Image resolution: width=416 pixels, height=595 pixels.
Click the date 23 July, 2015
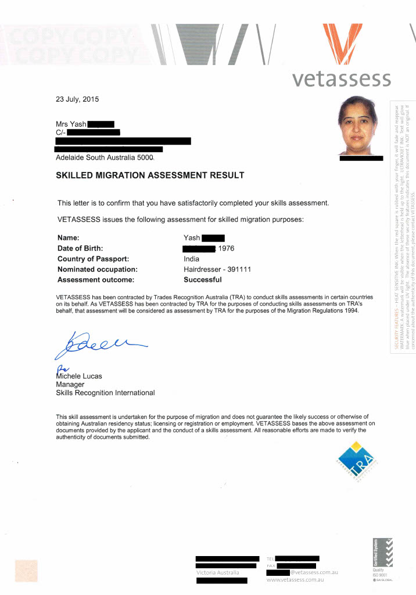point(77,99)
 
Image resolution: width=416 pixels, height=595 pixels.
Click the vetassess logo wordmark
point(341,78)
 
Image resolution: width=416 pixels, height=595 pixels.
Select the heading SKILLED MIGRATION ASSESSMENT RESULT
point(150,175)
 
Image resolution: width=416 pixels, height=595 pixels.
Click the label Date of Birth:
point(80,249)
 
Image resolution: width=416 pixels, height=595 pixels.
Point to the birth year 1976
point(226,249)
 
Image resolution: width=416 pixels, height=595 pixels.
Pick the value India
point(191,259)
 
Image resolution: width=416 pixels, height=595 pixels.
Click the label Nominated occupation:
point(98,270)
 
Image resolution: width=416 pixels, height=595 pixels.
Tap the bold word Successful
point(203,280)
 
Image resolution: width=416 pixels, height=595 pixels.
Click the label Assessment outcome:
point(96,280)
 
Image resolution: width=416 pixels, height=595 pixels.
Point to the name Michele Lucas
point(79,376)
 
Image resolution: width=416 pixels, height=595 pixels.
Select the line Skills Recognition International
point(105,393)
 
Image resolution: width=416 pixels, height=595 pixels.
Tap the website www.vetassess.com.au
point(295,580)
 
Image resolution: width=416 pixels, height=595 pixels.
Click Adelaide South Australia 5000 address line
point(105,157)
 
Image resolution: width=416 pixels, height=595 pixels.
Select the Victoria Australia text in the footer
point(217,572)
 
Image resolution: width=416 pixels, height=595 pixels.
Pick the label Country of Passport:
point(93,259)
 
